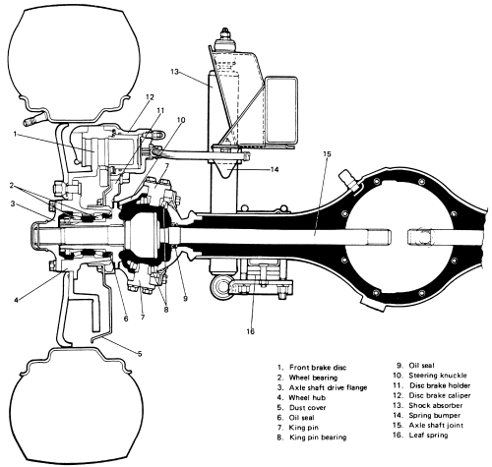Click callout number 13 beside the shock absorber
point(175,72)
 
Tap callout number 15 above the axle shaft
point(327,154)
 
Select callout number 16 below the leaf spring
point(250,331)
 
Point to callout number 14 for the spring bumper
point(275,169)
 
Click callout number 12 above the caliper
point(150,97)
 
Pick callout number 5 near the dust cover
point(140,354)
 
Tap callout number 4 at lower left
point(16,300)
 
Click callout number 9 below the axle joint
point(185,299)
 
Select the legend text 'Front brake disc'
point(318,368)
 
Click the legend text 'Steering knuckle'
point(438,376)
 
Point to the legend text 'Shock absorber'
point(435,405)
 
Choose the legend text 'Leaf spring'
point(428,436)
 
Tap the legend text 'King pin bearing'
point(318,438)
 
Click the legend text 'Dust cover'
point(307,408)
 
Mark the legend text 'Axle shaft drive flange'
point(328,387)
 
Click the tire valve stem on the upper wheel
point(34,119)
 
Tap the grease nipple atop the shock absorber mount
point(224,34)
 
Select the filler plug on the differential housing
point(349,180)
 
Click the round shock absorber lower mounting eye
point(220,287)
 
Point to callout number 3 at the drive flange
point(13,204)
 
